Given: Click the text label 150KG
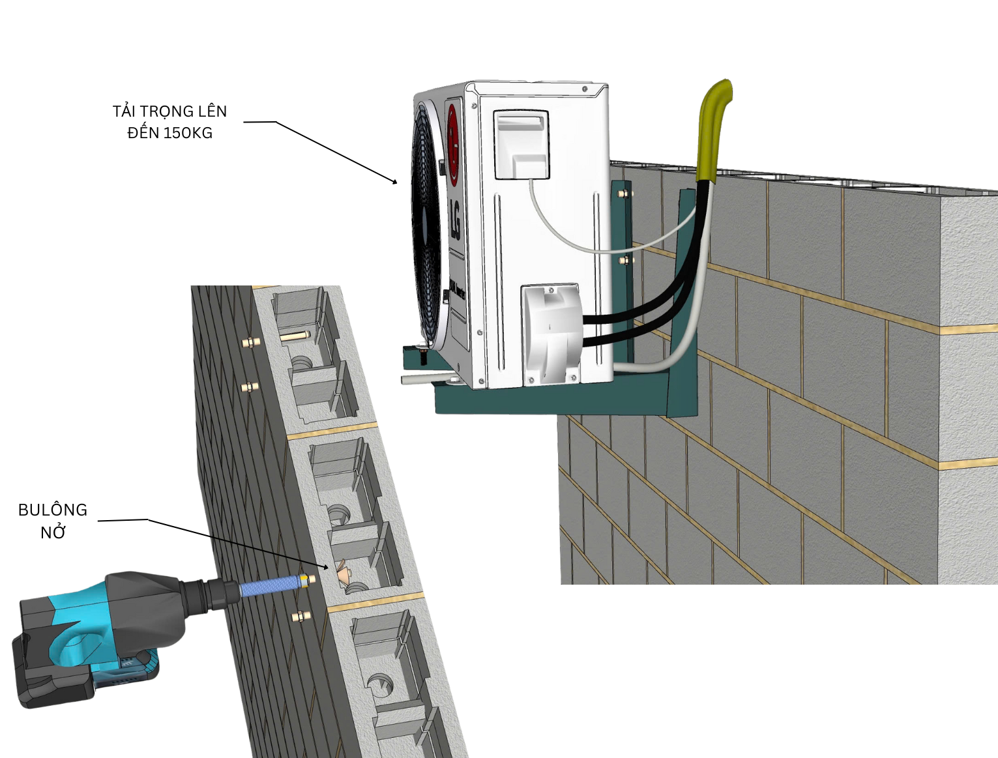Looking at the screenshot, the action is (188, 133).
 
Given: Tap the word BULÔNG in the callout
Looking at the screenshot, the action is (53, 510).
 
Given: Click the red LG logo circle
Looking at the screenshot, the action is (453, 145).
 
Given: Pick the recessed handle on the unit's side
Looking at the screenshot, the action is (521, 145).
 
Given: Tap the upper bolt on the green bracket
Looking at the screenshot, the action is (624, 194).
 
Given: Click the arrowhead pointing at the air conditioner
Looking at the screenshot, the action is (394, 181).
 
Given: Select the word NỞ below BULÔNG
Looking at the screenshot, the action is (53, 532).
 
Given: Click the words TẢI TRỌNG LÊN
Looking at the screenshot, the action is (169, 111).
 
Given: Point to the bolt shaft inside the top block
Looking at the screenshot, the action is (295, 336).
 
